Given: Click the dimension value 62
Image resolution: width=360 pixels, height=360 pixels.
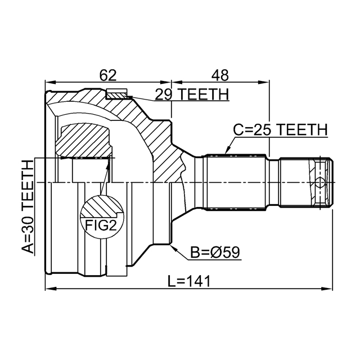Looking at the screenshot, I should (x=107, y=74).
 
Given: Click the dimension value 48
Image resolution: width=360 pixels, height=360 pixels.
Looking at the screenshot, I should (x=220, y=74).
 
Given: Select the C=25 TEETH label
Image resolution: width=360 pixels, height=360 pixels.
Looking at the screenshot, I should (x=280, y=130).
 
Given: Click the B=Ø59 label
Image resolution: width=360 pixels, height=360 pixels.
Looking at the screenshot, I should (x=215, y=253).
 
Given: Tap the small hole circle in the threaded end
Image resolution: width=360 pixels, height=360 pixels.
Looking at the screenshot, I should (x=320, y=183).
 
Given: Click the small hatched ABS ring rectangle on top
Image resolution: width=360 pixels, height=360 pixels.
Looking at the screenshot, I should (x=117, y=93).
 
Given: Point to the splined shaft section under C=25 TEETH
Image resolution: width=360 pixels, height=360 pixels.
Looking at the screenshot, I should (x=236, y=182).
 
